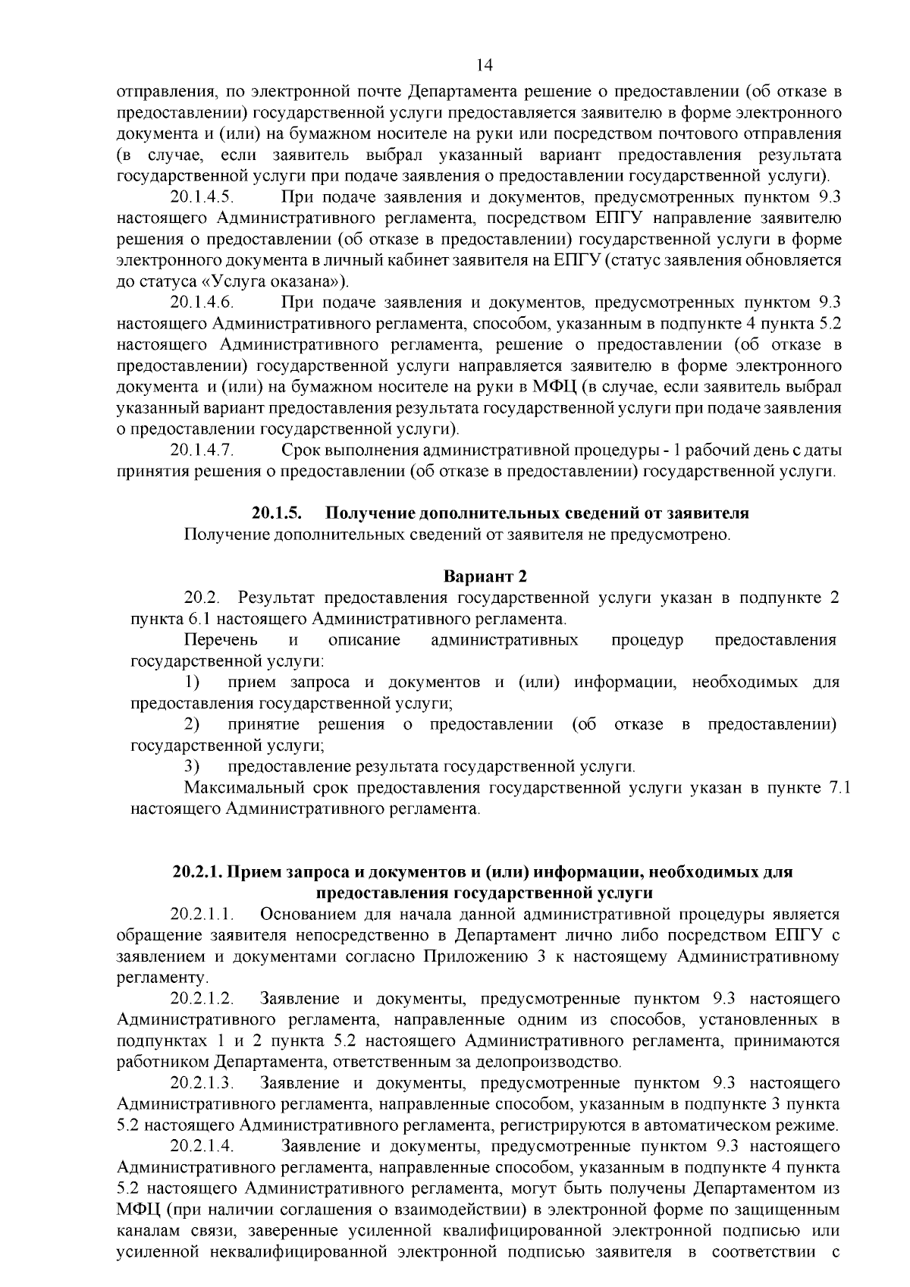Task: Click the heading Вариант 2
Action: click(485, 576)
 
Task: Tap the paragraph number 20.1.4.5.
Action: click(201, 197)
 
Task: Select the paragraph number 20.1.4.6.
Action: click(201, 303)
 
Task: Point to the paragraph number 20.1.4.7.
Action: click(201, 450)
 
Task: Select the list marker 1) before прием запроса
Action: click(193, 683)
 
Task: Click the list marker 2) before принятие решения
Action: click(193, 724)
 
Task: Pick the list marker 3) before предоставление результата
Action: click(193, 767)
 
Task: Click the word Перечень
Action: click(221, 640)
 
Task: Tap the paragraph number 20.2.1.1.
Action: click(201, 914)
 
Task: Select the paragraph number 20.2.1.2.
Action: click(201, 998)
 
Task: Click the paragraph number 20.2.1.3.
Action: click(201, 1083)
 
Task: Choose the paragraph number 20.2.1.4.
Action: click(201, 1145)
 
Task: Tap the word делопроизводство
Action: click(557, 1063)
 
